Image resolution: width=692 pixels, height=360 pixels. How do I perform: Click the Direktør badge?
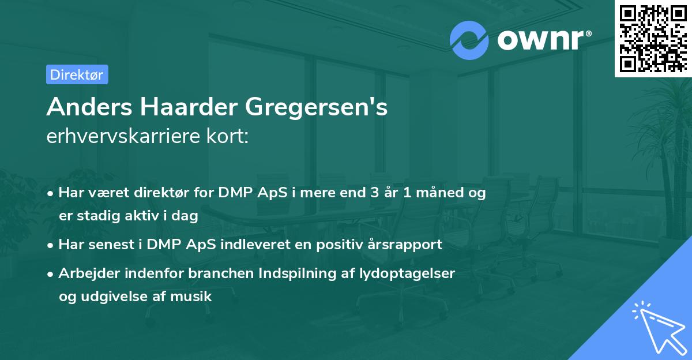(x=77, y=74)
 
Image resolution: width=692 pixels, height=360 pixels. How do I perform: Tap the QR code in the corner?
(x=653, y=38)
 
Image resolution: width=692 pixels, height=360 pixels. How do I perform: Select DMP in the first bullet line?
(x=234, y=193)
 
